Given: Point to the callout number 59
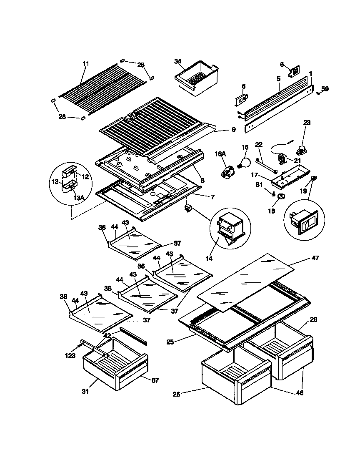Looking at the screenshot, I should [325, 88].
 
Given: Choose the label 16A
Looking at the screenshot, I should [220, 154].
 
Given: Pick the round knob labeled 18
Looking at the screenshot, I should [282, 196].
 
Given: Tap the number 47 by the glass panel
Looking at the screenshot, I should [315, 258].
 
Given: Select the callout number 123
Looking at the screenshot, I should [70, 356].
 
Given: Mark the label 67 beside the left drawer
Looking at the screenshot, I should [155, 380].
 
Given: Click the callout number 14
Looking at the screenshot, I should [209, 259].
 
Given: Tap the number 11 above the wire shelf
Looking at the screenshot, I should [85, 63].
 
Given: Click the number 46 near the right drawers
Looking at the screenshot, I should [299, 392].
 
